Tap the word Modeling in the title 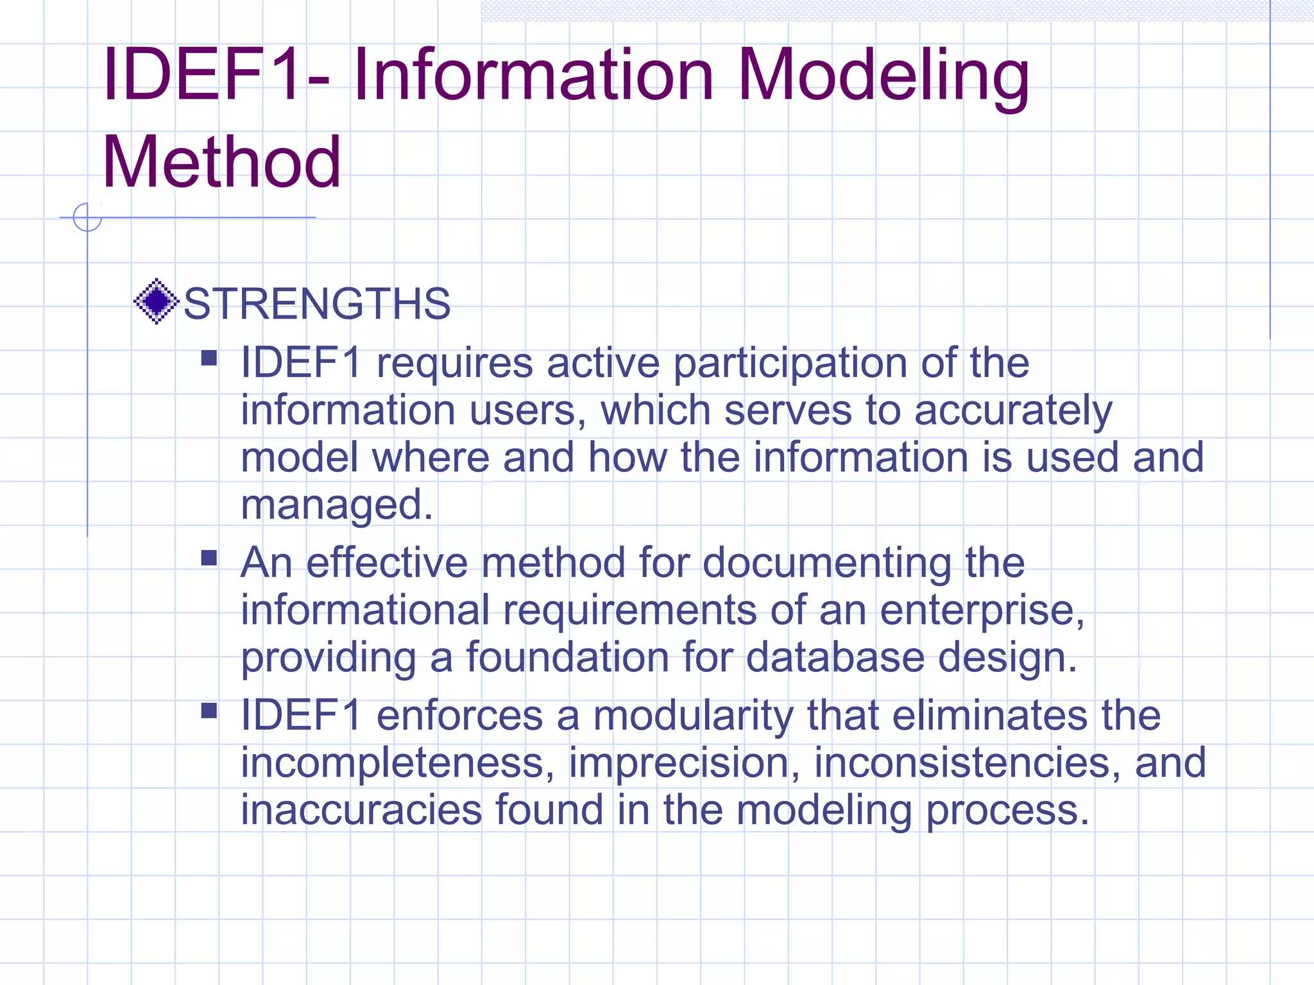click(883, 76)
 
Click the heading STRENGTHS click(317, 303)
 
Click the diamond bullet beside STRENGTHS click(156, 301)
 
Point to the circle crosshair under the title click(87, 217)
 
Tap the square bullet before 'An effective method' click(209, 557)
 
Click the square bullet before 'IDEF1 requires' click(209, 357)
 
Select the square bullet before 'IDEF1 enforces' click(209, 710)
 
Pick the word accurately click(1013, 410)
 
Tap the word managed click(336, 505)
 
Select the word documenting click(826, 563)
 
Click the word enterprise click(982, 610)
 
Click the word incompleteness click(397, 763)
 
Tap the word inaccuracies click(361, 810)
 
